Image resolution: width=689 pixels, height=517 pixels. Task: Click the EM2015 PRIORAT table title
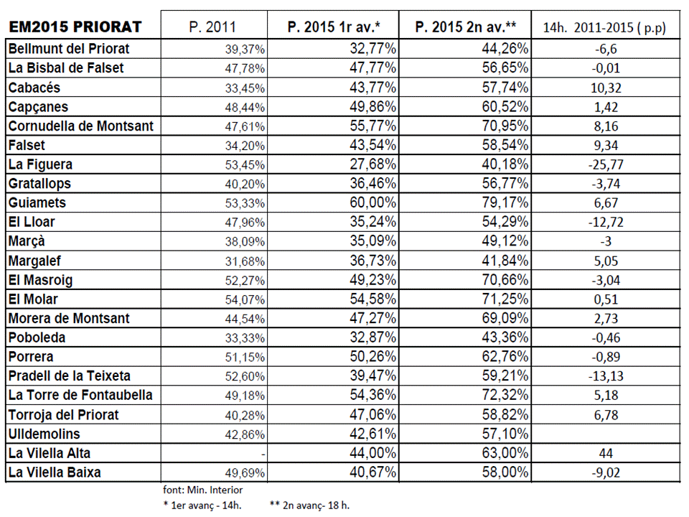pyautogui.click(x=75, y=27)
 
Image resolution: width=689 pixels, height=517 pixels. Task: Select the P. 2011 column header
pyautogui.click(x=212, y=27)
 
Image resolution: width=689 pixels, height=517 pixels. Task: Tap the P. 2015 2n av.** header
pyautogui.click(x=465, y=27)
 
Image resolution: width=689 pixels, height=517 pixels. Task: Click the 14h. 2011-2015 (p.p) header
pyautogui.click(x=604, y=28)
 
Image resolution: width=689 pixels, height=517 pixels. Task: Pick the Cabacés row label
pyautogui.click(x=34, y=88)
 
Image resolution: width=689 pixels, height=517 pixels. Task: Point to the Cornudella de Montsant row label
pyautogui.click(x=81, y=126)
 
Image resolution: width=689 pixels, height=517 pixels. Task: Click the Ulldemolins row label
pyautogui.click(x=44, y=434)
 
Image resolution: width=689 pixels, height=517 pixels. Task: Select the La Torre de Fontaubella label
pyautogui.click(x=80, y=395)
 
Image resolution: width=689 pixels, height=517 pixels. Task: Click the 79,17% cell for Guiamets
pyautogui.click(x=505, y=202)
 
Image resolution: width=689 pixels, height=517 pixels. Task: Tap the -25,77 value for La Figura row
pyautogui.click(x=606, y=164)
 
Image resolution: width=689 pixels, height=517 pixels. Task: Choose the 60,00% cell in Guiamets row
pyautogui.click(x=373, y=202)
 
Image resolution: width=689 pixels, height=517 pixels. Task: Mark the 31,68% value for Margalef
pyautogui.click(x=245, y=261)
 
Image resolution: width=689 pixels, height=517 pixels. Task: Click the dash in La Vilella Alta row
pyautogui.click(x=263, y=454)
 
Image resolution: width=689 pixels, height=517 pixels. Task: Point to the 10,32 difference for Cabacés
pyautogui.click(x=606, y=88)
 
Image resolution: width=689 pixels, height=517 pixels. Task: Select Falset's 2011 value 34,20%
pyautogui.click(x=245, y=146)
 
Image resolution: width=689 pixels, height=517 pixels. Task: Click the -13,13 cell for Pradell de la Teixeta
pyautogui.click(x=606, y=376)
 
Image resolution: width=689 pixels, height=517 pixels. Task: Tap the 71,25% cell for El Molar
pyautogui.click(x=505, y=299)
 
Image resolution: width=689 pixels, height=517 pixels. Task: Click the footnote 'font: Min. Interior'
pyautogui.click(x=202, y=490)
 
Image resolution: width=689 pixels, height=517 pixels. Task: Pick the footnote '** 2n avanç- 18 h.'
pyautogui.click(x=309, y=506)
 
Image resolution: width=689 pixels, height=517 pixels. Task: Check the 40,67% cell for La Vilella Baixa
pyautogui.click(x=373, y=472)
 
